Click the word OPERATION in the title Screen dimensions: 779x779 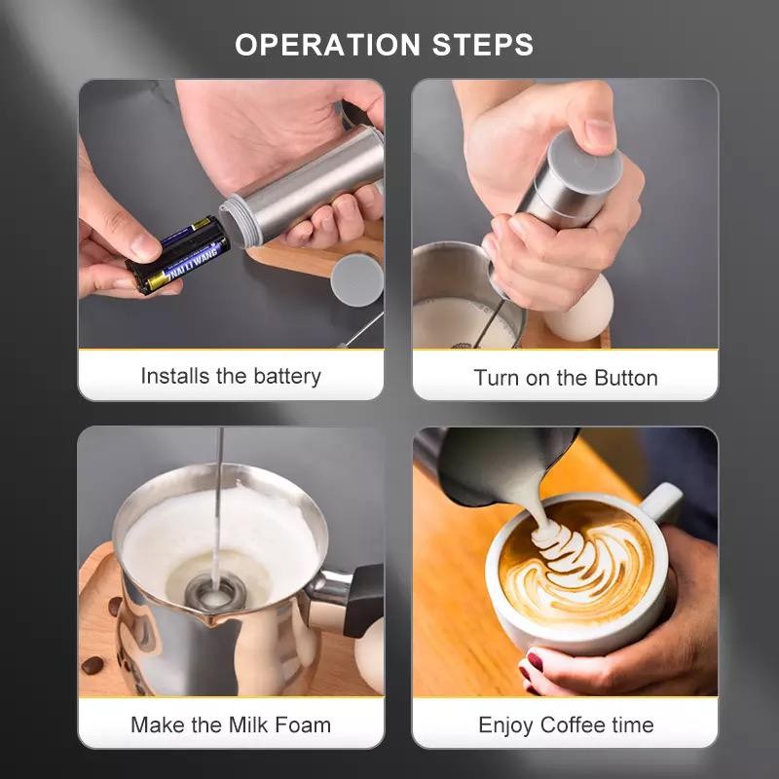pos(328,45)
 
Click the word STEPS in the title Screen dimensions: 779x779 pos(483,45)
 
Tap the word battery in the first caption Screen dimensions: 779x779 pos(287,377)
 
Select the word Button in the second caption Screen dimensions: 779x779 pos(626,378)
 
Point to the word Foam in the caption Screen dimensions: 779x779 pos(303,724)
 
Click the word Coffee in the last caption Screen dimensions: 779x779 pos(573,724)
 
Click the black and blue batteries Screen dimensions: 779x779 pos(177,254)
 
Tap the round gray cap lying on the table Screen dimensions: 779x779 pos(356,280)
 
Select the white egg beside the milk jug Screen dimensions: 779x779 pos(580,309)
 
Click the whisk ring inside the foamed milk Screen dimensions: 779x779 pos(216,592)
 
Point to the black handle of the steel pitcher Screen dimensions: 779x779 pos(363,600)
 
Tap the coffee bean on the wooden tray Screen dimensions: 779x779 pos(93,665)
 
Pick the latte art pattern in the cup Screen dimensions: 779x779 pos(576,558)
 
